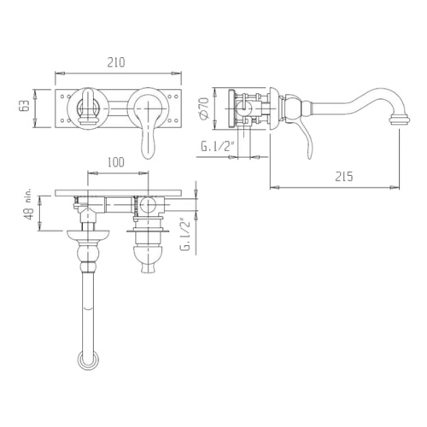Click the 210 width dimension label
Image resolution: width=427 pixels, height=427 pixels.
click(116, 62)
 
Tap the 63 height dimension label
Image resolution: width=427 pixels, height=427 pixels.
click(25, 106)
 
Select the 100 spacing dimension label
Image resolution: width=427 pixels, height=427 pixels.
click(116, 162)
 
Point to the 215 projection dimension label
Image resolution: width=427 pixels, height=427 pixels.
click(343, 177)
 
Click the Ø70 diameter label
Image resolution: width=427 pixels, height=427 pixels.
click(205, 108)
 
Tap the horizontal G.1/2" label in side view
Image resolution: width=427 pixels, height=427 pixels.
click(217, 147)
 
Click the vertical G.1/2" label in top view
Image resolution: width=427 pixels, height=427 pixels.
click(185, 234)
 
